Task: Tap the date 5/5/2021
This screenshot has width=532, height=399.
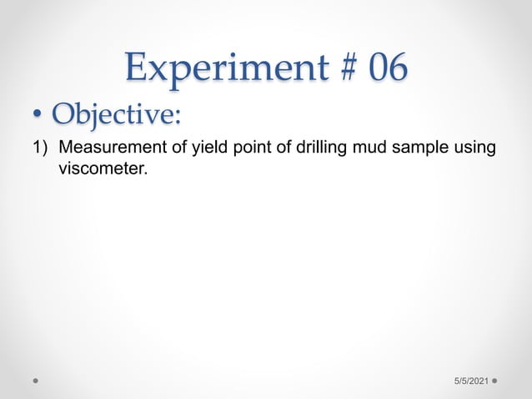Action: click(470, 380)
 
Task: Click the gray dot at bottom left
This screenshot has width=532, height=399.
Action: click(37, 380)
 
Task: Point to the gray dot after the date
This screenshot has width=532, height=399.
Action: click(494, 380)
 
